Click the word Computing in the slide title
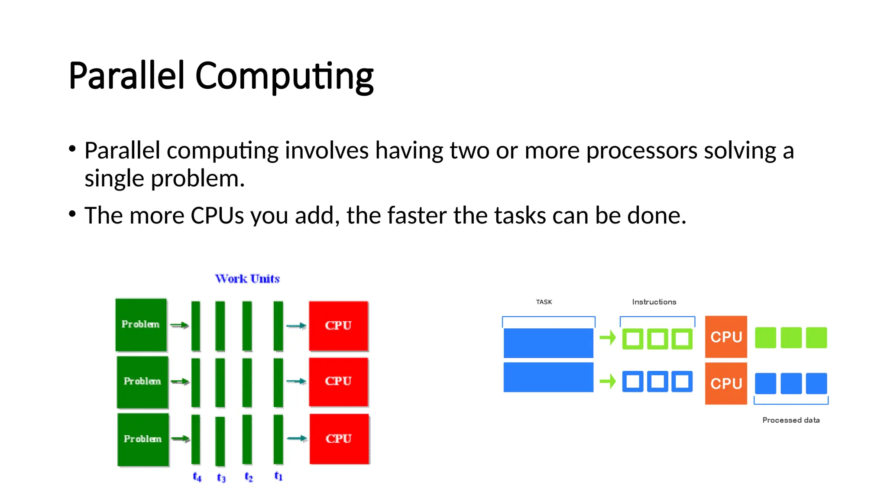click(x=284, y=76)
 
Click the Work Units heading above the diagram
click(x=247, y=279)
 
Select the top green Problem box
click(x=141, y=324)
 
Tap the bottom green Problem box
click(x=143, y=439)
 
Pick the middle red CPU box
click(x=338, y=381)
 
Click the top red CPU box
click(x=338, y=326)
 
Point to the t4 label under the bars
click(x=197, y=477)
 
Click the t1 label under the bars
click(x=278, y=476)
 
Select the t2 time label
click(x=249, y=477)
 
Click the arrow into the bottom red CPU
click(x=297, y=438)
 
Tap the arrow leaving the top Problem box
click(x=179, y=325)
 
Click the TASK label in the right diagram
click(x=544, y=302)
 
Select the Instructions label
click(x=654, y=302)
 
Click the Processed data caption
click(x=791, y=420)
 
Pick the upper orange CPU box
click(x=726, y=337)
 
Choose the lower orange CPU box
click(x=726, y=384)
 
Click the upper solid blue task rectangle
click(x=548, y=343)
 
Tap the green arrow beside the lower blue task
click(x=608, y=382)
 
